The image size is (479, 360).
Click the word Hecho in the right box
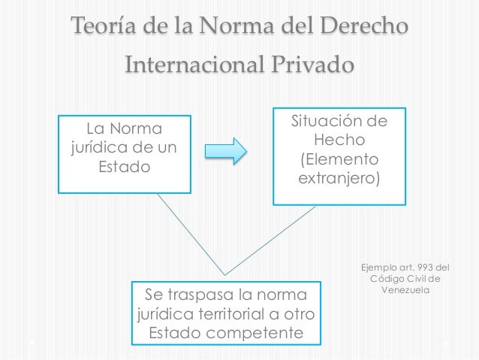click(339, 141)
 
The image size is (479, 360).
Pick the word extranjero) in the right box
click(339, 180)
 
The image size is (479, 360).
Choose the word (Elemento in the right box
click(339, 160)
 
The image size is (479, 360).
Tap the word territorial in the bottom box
click(239, 312)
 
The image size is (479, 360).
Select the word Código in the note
click(389, 280)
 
